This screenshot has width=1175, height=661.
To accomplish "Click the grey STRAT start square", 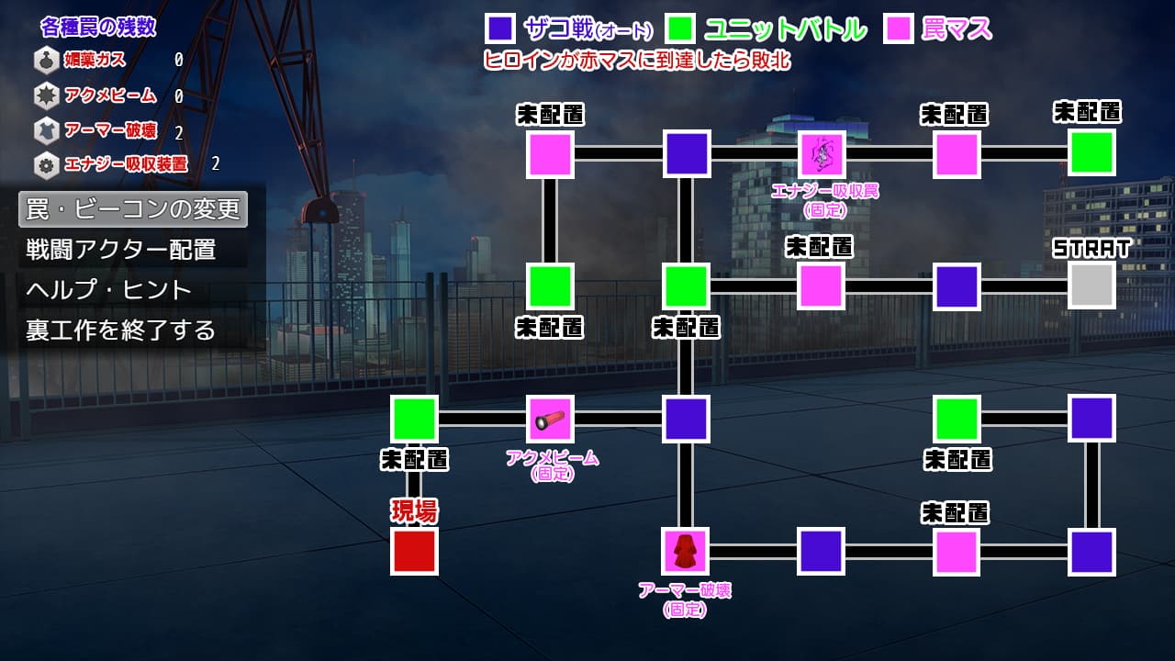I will pyautogui.click(x=1091, y=286).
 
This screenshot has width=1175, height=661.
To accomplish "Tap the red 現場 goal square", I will pyautogui.click(x=414, y=551).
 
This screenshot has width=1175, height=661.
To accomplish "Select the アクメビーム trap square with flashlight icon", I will pyautogui.click(x=550, y=419).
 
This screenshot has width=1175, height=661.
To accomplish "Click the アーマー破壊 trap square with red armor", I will pyautogui.click(x=685, y=551).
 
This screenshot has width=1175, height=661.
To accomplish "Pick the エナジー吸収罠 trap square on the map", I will pyautogui.click(x=821, y=153).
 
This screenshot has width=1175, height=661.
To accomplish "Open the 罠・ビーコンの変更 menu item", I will pyautogui.click(x=133, y=209).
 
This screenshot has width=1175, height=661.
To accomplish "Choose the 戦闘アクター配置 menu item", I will pyautogui.click(x=121, y=249).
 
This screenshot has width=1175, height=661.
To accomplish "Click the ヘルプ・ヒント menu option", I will pyautogui.click(x=109, y=289).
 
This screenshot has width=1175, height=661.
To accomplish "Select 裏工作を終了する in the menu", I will pyautogui.click(x=121, y=330).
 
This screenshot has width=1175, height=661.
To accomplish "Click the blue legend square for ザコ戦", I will pyautogui.click(x=499, y=29).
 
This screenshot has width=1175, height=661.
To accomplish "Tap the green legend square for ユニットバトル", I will pyautogui.click(x=680, y=29).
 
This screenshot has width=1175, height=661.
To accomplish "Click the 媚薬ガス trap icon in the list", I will pyautogui.click(x=46, y=61).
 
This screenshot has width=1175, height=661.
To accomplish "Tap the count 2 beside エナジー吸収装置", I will pyautogui.click(x=216, y=164).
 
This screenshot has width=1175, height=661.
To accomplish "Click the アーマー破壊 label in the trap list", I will pyautogui.click(x=104, y=130).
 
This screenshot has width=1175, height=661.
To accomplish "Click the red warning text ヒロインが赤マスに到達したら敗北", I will pyautogui.click(x=636, y=61).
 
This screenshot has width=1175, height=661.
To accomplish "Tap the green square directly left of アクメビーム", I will pyautogui.click(x=414, y=419).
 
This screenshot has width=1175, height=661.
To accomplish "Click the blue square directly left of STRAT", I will pyautogui.click(x=957, y=286).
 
